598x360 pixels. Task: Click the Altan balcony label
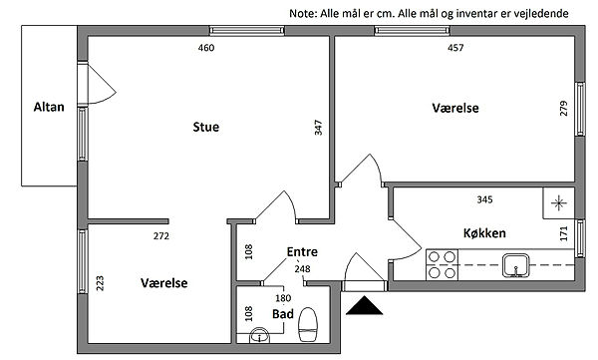tap(49, 107)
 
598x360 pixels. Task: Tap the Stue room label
tap(206, 127)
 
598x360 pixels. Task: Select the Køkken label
tap(484, 233)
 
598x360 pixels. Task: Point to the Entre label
tap(302, 252)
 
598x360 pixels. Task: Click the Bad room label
tap(283, 314)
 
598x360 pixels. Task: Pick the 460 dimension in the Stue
tap(206, 48)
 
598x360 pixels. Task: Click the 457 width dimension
tap(455, 48)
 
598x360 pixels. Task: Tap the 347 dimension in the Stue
tap(319, 128)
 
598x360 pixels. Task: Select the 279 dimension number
tap(564, 109)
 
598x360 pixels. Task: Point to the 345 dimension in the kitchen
tap(484, 199)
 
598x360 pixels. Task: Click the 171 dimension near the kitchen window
tap(564, 233)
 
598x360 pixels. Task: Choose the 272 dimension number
tap(161, 236)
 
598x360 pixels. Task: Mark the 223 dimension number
tap(100, 283)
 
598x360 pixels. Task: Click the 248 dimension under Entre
tap(302, 269)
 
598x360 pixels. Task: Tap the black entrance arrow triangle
tap(364, 305)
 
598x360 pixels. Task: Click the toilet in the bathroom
tap(308, 324)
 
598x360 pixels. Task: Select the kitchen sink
tap(515, 265)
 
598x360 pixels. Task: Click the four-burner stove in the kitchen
tap(442, 265)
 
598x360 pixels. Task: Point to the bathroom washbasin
tap(259, 335)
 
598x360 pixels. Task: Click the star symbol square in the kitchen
tap(559, 203)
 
